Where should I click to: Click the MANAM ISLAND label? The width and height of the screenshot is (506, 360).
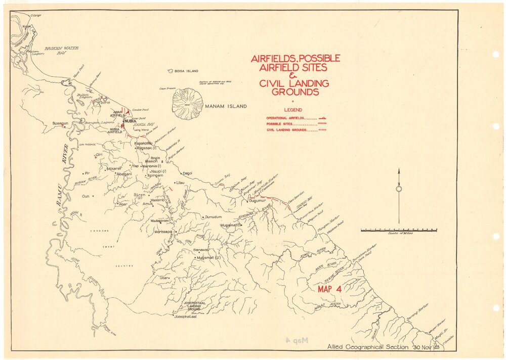(226, 106)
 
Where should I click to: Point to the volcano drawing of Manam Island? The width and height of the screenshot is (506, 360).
(187, 103)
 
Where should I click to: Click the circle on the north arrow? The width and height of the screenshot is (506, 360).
(399, 189)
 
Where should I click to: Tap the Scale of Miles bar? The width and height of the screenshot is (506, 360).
(399, 230)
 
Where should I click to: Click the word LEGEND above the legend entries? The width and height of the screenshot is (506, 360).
(293, 110)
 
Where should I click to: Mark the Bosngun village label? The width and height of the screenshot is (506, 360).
(60, 123)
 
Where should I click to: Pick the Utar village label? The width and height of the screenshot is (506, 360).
(163, 278)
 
